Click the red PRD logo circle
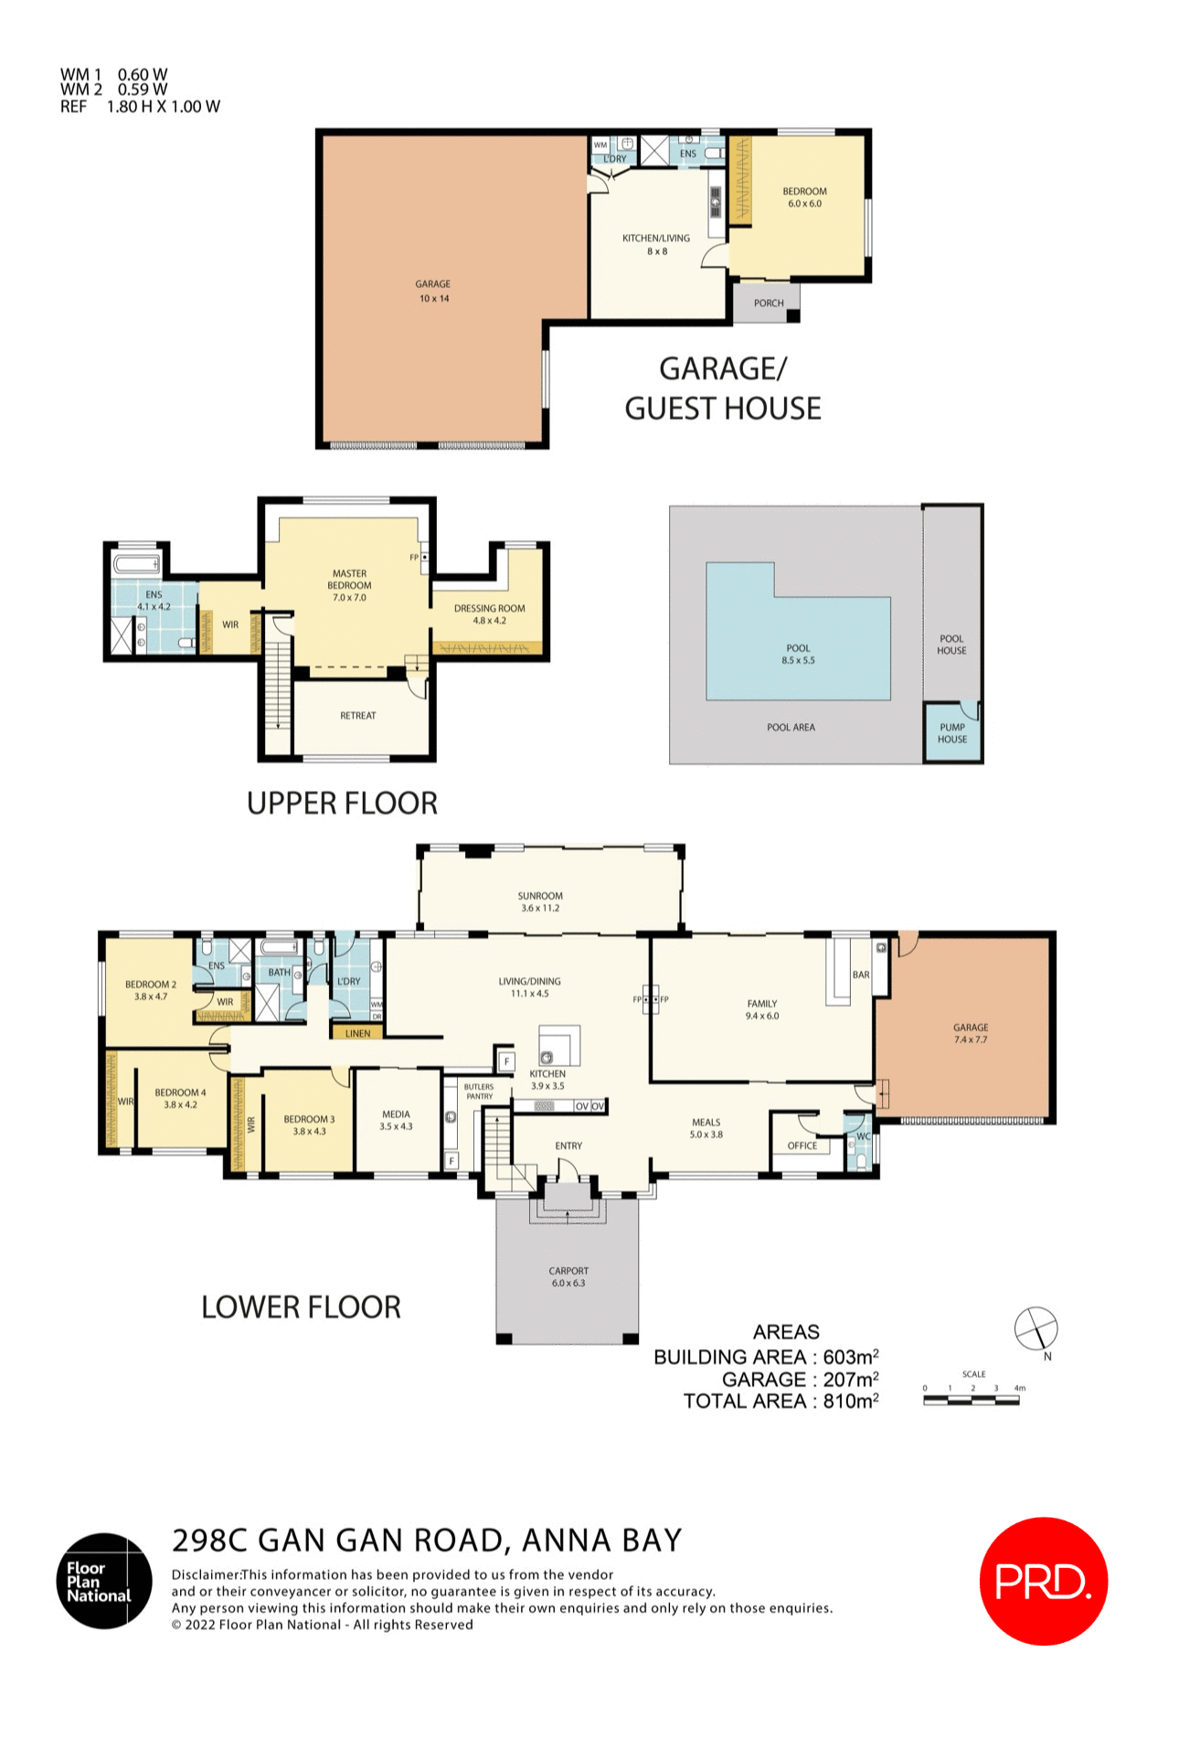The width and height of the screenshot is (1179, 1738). tap(1043, 1581)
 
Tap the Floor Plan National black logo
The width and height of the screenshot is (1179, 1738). tap(104, 1581)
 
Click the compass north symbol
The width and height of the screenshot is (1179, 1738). tap(1036, 1328)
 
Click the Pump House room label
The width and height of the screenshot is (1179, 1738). tap(951, 733)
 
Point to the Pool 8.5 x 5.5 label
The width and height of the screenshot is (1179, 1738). tap(798, 654)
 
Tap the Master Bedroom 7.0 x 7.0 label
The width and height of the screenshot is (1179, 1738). tap(349, 585)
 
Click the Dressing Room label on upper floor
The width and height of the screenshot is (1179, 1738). tap(489, 613)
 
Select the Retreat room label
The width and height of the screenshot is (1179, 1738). tap(357, 716)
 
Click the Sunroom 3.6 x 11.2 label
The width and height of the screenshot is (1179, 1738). tap(540, 901)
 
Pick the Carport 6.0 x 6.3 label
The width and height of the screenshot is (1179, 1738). tap(568, 1276)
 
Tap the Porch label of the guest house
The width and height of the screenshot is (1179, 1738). tap(768, 303)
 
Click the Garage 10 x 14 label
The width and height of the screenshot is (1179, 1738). tap(433, 291)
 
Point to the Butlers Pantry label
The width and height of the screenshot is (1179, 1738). tap(479, 1091)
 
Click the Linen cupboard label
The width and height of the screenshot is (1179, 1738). tap(357, 1033)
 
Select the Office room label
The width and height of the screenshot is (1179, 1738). tap(802, 1146)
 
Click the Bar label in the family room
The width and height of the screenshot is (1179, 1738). tap(860, 975)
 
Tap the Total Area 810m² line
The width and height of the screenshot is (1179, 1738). tap(781, 1402)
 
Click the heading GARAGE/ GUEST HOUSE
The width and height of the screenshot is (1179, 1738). tap(722, 389)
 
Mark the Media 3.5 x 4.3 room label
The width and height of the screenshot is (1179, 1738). tap(396, 1120)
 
